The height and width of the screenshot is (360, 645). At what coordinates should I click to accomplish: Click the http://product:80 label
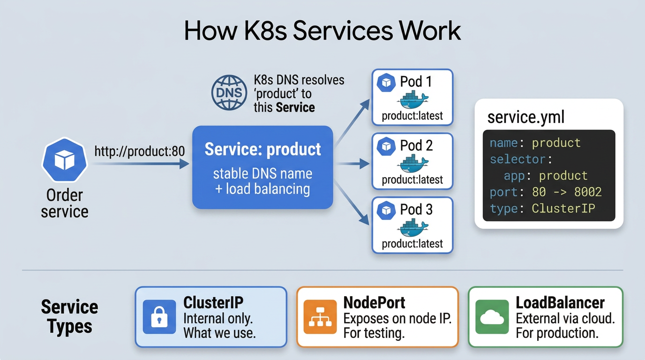pos(140,151)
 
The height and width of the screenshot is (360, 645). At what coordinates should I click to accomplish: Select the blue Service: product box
pos(262,167)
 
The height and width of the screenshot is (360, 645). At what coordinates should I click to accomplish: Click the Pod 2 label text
pos(416,145)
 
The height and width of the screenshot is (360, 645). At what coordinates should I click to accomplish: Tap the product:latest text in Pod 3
pos(412,243)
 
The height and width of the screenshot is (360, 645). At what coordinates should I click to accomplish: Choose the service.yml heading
pos(526,117)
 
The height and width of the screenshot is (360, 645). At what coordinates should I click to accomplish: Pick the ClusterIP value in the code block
pos(563,209)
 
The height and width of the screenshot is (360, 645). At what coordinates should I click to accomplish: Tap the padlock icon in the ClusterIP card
pos(159,317)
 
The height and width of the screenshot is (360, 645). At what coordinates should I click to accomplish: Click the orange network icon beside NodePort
pos(320,317)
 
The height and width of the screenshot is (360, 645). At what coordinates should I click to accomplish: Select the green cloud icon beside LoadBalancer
pos(492,317)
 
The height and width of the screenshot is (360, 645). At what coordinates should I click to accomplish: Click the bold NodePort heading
pos(374,302)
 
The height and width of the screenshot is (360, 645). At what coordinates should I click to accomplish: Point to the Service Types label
pos(69,316)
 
